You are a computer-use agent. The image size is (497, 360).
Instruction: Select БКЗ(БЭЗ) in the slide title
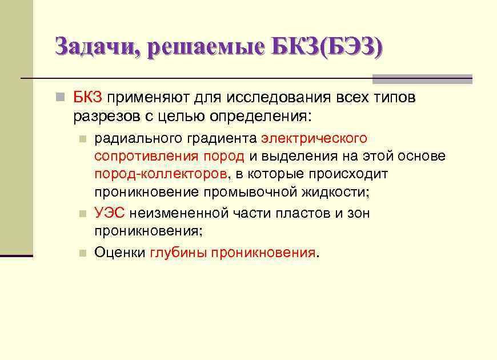[328, 46]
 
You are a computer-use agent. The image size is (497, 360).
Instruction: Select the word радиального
[133, 138]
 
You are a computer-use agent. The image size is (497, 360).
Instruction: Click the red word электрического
[314, 138]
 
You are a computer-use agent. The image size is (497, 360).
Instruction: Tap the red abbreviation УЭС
[109, 213]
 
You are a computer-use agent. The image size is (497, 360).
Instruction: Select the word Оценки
[119, 253]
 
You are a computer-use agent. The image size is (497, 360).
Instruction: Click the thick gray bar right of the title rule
[422, 79]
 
